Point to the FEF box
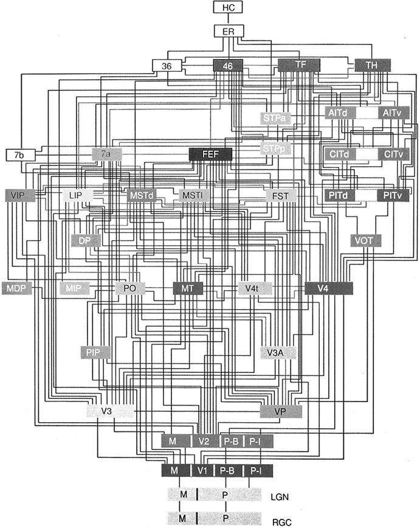211,155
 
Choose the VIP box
18,196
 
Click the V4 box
329,288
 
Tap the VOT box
365,240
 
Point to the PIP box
94,352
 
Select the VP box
281,412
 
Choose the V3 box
107,412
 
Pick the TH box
372,65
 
